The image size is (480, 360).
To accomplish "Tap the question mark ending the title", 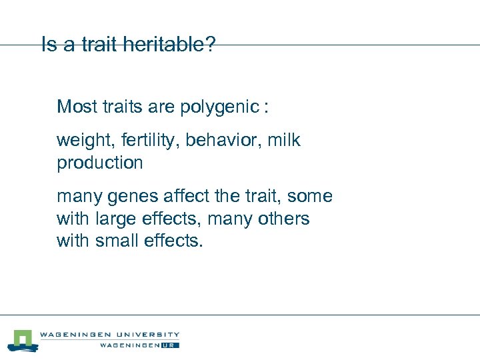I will (x=211, y=45).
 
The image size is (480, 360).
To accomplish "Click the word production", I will (x=100, y=163).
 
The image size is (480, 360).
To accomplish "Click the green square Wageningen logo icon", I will (x=23, y=340).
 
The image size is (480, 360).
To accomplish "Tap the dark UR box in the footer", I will (x=171, y=345).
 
